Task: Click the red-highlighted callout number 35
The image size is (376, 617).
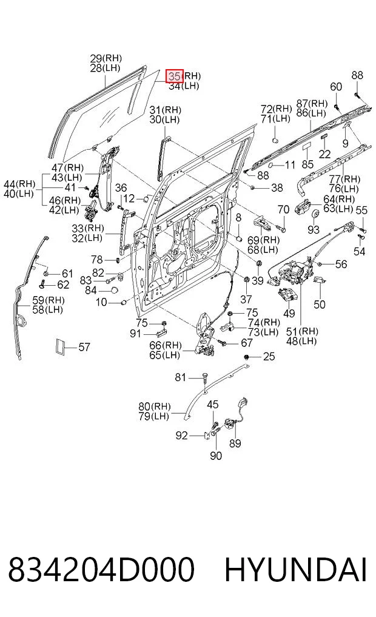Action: pyautogui.click(x=174, y=76)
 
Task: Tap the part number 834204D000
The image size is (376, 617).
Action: pyautogui.click(x=101, y=569)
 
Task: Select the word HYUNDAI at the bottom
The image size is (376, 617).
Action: pyautogui.click(x=296, y=569)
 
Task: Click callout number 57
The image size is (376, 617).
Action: pyautogui.click(x=84, y=347)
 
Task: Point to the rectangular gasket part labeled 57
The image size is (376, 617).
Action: pyautogui.click(x=60, y=346)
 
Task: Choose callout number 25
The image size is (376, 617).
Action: pyautogui.click(x=269, y=357)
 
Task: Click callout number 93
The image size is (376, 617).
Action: pyautogui.click(x=314, y=229)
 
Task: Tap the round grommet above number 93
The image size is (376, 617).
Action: pyautogui.click(x=315, y=214)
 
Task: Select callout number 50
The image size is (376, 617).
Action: pyautogui.click(x=320, y=304)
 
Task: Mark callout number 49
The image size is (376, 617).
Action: pyautogui.click(x=289, y=314)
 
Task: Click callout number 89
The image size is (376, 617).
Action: pyautogui.click(x=235, y=443)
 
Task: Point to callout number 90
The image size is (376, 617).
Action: pyautogui.click(x=216, y=456)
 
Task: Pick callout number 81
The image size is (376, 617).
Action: pyautogui.click(x=180, y=377)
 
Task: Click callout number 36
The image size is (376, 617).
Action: pyautogui.click(x=121, y=187)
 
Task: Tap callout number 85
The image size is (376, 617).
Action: pyautogui.click(x=307, y=164)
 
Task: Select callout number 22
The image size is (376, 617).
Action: pyautogui.click(x=324, y=153)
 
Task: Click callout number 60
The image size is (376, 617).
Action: pyautogui.click(x=336, y=87)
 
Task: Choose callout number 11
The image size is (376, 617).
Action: pyautogui.click(x=290, y=164)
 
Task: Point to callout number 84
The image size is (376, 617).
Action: pyautogui.click(x=91, y=290)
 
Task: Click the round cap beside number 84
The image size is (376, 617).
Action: pyautogui.click(x=113, y=291)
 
